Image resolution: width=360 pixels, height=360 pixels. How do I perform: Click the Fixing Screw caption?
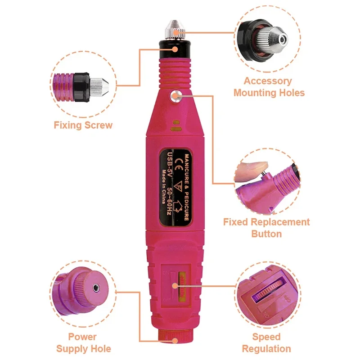pos(83,125)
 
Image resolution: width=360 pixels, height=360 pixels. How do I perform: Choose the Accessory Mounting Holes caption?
pos(269,87)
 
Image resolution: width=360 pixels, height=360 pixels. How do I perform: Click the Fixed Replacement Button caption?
pos(266,228)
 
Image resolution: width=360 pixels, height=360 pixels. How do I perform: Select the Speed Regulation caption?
pos(266,342)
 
